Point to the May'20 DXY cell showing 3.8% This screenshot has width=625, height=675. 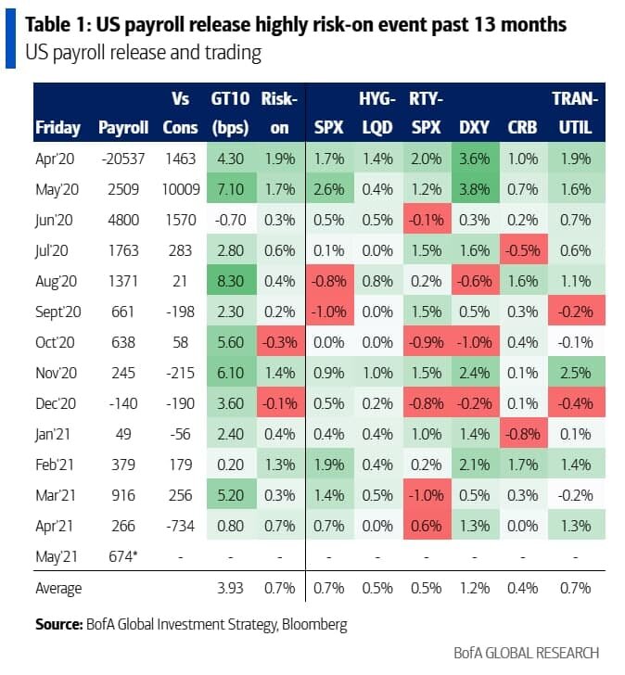[x=475, y=190]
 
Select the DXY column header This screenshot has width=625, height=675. [x=475, y=127]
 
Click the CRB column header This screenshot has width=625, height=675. [x=522, y=127]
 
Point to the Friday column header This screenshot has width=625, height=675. [x=57, y=127]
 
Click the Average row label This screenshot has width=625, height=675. [x=58, y=588]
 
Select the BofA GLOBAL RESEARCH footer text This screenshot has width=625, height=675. [x=526, y=653]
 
